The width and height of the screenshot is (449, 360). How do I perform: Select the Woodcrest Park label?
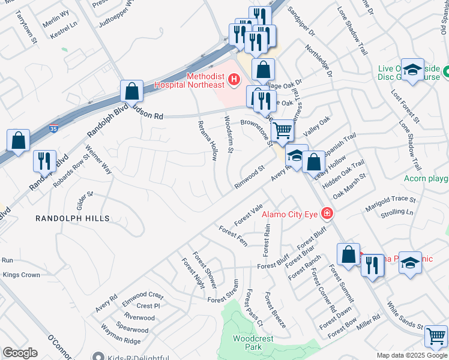coord(253,343)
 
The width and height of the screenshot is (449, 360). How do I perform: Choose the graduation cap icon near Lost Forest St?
coord(412,70)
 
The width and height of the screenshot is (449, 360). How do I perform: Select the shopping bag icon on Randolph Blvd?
coord(131,91)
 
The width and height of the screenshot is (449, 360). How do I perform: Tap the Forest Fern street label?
coord(234,236)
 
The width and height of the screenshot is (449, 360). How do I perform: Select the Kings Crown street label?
coord(22,275)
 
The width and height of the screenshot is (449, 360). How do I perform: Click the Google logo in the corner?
coord(20,353)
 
